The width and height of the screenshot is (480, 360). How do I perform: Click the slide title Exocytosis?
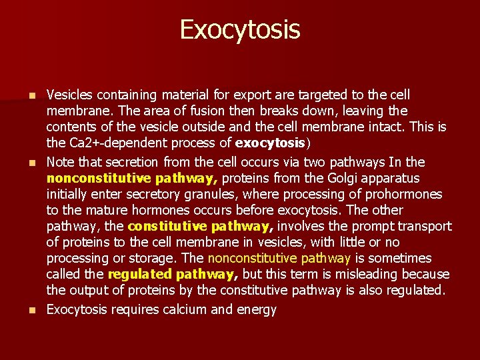240,29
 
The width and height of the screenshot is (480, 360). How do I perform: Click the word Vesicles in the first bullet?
71,95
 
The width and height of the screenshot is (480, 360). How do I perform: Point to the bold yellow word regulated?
139,275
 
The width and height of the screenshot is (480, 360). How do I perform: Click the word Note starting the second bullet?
61,162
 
